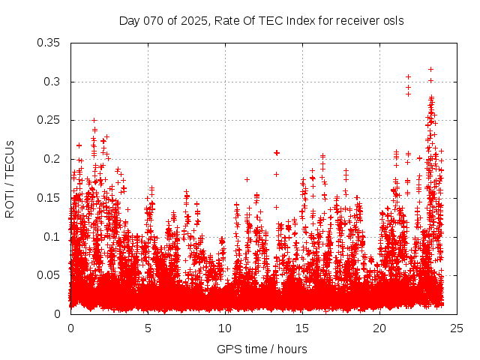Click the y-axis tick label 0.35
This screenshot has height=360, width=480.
(49, 43)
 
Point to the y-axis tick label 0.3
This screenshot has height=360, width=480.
(52, 82)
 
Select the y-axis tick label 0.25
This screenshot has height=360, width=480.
(49, 120)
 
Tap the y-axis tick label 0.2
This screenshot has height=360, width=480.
(52, 159)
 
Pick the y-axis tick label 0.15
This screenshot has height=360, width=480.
(49, 198)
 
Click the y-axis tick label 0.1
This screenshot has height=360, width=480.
(52, 237)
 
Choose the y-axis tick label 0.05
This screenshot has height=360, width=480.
(49, 275)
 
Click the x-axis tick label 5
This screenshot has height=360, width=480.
(148, 328)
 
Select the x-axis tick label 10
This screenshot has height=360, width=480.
(225, 328)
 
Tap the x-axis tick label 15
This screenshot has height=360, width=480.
(302, 328)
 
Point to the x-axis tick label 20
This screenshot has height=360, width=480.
(379, 328)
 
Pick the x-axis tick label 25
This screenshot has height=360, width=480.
(457, 328)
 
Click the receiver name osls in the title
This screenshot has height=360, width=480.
(393, 20)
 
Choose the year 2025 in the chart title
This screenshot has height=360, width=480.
(192, 20)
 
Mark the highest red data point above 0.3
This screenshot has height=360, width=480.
(430, 69)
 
